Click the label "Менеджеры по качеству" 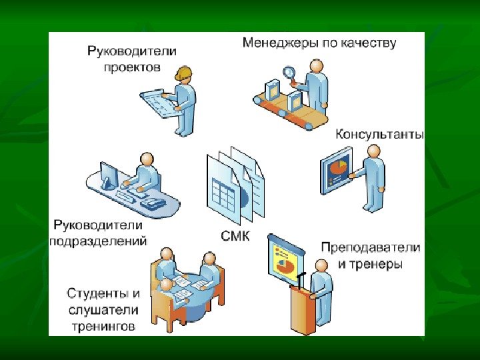pos(319,44)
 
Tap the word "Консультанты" pos(379,134)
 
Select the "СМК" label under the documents pos(235,235)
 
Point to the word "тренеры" pos(377,264)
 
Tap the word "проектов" pos(132,67)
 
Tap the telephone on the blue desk pos(155,202)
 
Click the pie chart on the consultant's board pos(339,165)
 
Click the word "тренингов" pos(103,327)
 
